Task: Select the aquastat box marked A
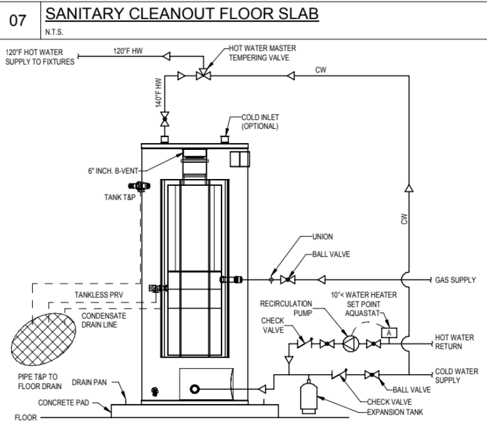pos(389,333)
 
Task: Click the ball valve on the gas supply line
pos(287,280)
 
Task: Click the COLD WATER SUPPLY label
pos(456,375)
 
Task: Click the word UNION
pos(322,236)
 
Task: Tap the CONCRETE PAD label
pos(64,402)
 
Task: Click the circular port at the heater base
pos(195,388)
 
